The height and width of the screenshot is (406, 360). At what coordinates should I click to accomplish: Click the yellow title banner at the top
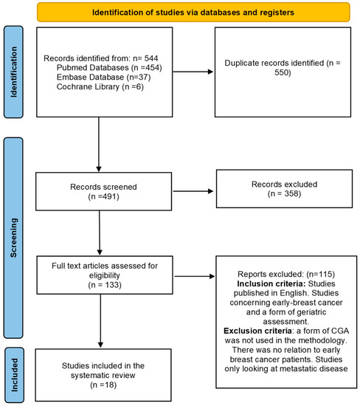181,13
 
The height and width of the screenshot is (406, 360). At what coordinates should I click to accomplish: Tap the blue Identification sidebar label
13,72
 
